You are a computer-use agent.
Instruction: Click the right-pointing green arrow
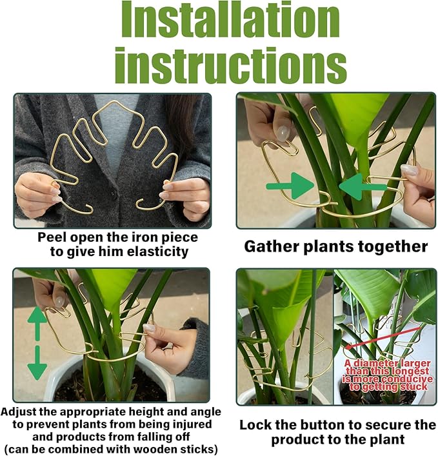[290, 186]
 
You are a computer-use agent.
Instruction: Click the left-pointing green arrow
[361, 186]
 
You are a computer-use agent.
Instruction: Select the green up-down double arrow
[37, 342]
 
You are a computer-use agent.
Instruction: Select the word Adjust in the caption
[22, 411]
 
